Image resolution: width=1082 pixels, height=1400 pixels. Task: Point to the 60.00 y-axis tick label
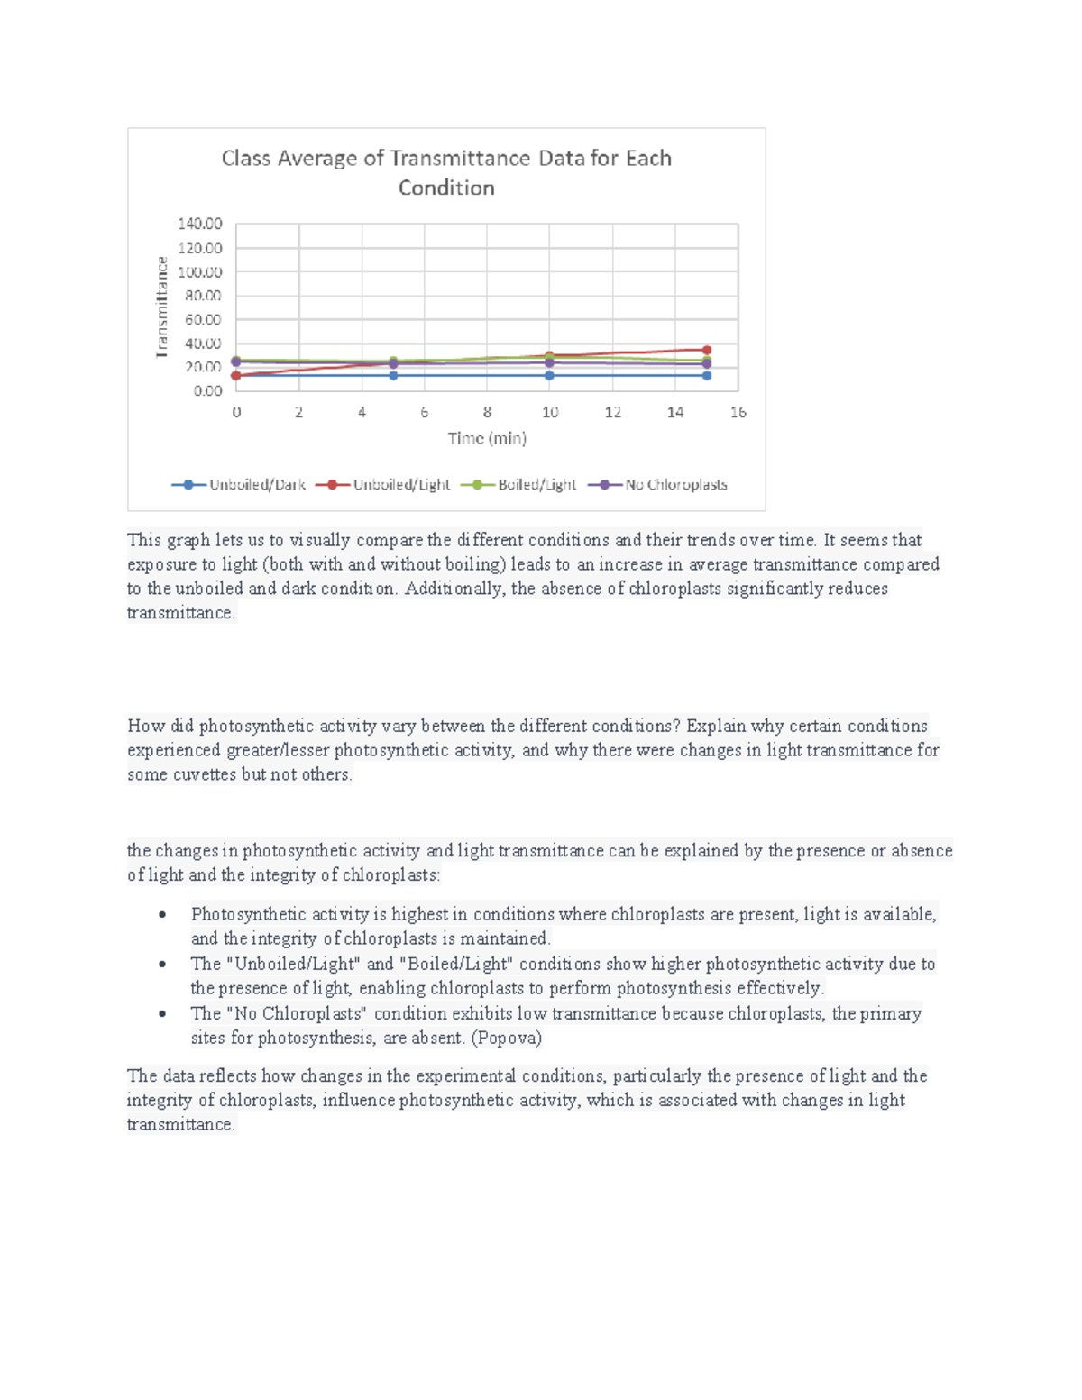pyautogui.click(x=203, y=319)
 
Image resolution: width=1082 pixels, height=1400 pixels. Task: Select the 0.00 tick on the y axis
pyautogui.click(x=207, y=390)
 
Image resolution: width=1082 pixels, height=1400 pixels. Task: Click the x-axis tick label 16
pyautogui.click(x=738, y=412)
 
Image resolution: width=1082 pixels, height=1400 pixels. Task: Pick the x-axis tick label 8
pyautogui.click(x=487, y=412)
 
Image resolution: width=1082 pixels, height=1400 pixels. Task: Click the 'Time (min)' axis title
pyautogui.click(x=487, y=438)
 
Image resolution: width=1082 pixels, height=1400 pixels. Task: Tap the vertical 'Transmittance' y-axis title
pyautogui.click(x=162, y=307)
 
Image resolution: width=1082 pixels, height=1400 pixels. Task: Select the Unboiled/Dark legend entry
pyautogui.click(x=239, y=485)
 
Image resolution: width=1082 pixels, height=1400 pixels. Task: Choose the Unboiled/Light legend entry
pyautogui.click(x=383, y=485)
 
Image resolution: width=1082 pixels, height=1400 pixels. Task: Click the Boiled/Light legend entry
pyautogui.click(x=518, y=485)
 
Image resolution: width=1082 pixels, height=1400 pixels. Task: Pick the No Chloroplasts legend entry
pyautogui.click(x=658, y=485)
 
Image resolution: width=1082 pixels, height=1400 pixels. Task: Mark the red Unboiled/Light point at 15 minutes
pyautogui.click(x=707, y=350)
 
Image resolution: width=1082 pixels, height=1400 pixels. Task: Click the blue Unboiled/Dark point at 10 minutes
pyautogui.click(x=549, y=375)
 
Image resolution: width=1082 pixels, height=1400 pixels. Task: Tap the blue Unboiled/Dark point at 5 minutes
pyautogui.click(x=393, y=375)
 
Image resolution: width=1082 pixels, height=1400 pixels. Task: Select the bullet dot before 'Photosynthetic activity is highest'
pyautogui.click(x=162, y=915)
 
